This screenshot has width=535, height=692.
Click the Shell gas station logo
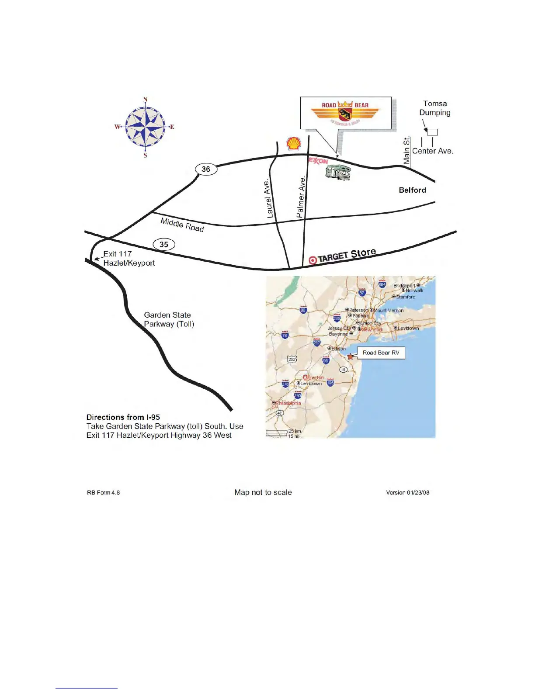[294, 143]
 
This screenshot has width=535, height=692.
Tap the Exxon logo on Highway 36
[318, 161]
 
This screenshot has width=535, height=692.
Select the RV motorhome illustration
[338, 173]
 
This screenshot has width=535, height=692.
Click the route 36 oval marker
[206, 169]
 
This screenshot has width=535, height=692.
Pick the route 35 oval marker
[164, 245]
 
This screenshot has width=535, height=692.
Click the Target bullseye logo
[313, 260]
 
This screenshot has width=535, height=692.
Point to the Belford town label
[412, 190]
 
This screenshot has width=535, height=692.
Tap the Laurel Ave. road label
[268, 198]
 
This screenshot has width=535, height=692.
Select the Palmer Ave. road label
[301, 197]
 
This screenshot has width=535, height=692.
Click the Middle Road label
[182, 225]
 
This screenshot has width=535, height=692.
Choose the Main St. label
[407, 150]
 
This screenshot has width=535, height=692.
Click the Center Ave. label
[432, 151]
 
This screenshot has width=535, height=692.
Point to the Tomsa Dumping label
[435, 108]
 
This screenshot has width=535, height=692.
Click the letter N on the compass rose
[146, 100]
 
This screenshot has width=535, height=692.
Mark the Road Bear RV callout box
[381, 353]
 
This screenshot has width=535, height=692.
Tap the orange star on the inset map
[350, 356]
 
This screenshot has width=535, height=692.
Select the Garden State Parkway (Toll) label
[169, 319]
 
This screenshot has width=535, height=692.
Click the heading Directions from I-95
[123, 417]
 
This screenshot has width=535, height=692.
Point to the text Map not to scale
[263, 492]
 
